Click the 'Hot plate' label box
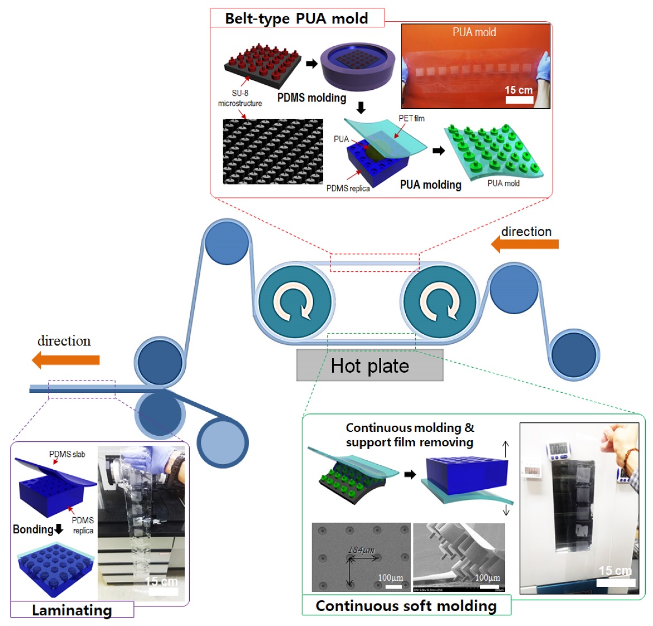click(369, 365)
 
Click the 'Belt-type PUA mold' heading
click(296, 18)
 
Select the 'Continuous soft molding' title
click(406, 605)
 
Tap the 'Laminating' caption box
click(71, 610)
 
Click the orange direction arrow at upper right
click(525, 244)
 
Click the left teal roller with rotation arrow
click(294, 302)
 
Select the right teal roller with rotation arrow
click(440, 302)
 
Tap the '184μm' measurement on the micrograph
click(361, 550)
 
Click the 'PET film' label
click(411, 118)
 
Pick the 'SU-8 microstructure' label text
click(240, 98)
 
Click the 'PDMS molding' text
click(311, 98)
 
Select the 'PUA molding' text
click(430, 185)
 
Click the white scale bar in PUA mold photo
click(519, 100)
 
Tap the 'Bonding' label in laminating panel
click(33, 529)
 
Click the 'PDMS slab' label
click(67, 454)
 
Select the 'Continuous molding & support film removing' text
click(410, 435)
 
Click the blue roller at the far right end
click(574, 354)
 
